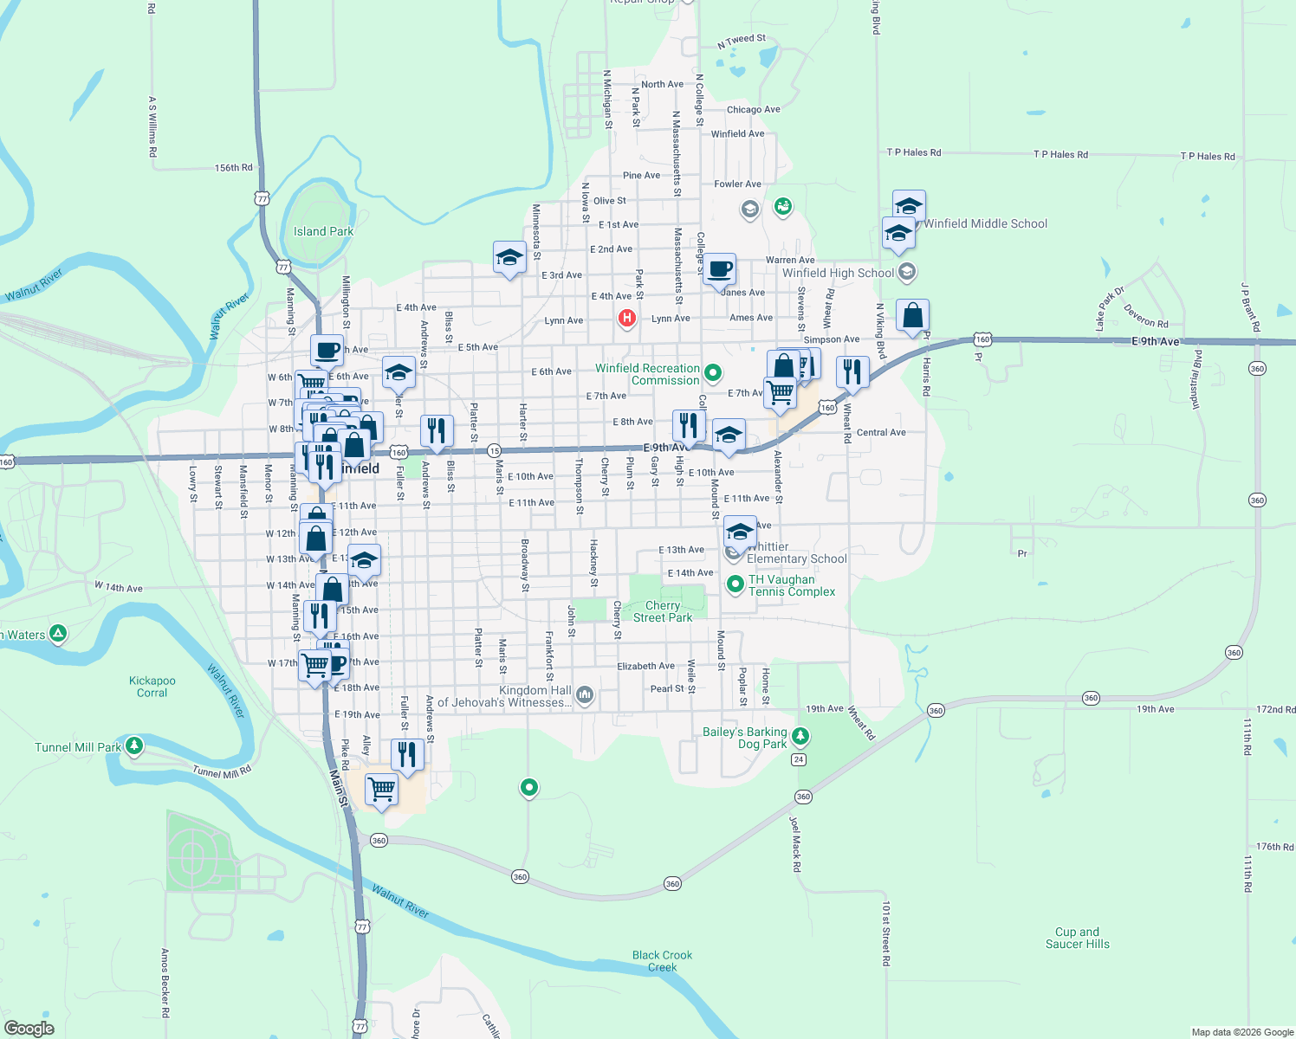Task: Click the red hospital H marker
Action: point(626,319)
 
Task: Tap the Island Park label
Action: point(323,231)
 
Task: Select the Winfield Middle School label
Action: point(985,223)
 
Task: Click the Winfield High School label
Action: point(838,273)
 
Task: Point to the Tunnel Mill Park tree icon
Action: point(133,745)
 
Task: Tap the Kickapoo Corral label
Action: point(152,687)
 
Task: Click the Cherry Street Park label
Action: point(663,611)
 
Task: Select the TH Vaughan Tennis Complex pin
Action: point(735,584)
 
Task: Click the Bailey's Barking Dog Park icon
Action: point(800,736)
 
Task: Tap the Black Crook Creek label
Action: point(662,961)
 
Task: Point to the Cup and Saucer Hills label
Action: point(1077,938)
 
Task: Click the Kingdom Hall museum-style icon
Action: point(585,694)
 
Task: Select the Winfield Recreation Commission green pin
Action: point(713,373)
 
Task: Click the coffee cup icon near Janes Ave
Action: point(719,269)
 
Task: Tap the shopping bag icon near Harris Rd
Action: point(912,315)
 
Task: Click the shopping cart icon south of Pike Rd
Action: point(381,789)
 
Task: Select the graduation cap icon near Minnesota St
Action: point(509,257)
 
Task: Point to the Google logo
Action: point(29,1029)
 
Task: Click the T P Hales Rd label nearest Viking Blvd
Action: point(913,152)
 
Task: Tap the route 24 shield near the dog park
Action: point(799,759)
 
